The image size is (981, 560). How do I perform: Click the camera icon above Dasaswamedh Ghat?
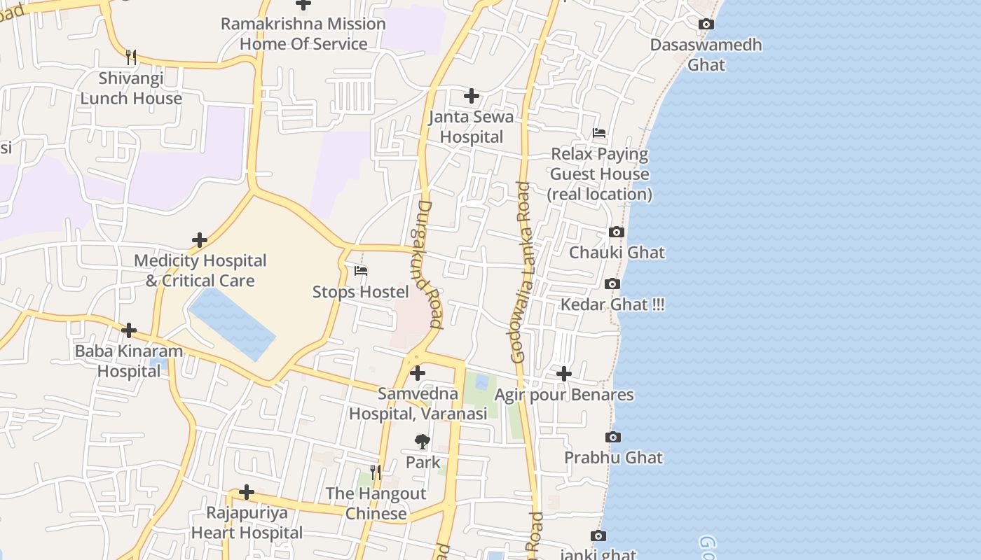706,24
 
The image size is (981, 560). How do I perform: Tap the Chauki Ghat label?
617,253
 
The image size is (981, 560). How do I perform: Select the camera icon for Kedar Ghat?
612,284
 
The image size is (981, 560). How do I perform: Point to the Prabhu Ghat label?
614,458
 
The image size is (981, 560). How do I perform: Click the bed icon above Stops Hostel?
361,271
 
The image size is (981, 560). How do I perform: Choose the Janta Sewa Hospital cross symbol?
472,96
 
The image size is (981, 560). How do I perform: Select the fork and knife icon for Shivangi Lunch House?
131,57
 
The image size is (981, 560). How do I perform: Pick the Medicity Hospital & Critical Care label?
200,271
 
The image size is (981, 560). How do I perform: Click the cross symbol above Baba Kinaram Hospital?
129,330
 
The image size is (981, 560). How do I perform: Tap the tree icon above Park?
423,442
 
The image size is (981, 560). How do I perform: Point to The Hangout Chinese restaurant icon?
376,472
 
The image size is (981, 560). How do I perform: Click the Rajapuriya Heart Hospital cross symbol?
247,492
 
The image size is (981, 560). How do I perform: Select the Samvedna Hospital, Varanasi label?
418,404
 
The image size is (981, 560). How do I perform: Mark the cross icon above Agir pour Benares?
564,374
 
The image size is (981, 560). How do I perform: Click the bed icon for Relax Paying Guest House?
599,133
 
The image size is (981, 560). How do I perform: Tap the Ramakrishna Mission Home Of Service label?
303,34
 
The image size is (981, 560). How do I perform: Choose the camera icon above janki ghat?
598,536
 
